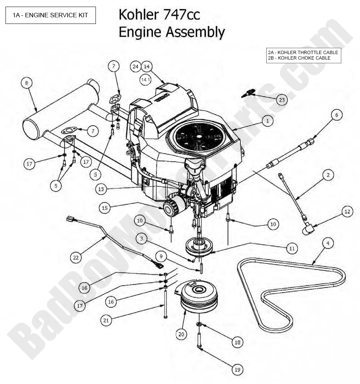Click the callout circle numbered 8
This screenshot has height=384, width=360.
26,83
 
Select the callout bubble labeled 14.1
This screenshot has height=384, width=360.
145,79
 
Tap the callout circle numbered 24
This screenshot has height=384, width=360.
135,67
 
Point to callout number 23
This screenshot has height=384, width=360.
282,100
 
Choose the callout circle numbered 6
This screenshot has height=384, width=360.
336,115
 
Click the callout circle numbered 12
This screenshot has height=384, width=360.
347,211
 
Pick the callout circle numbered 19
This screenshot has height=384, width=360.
237,369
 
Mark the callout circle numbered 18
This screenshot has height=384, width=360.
237,342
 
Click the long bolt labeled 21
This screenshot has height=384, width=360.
166,303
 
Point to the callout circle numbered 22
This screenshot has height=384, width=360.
76,257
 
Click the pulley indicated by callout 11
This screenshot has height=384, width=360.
200,247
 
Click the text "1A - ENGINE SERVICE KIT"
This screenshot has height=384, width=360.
51,15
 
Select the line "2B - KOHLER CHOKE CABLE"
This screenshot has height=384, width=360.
299,58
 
